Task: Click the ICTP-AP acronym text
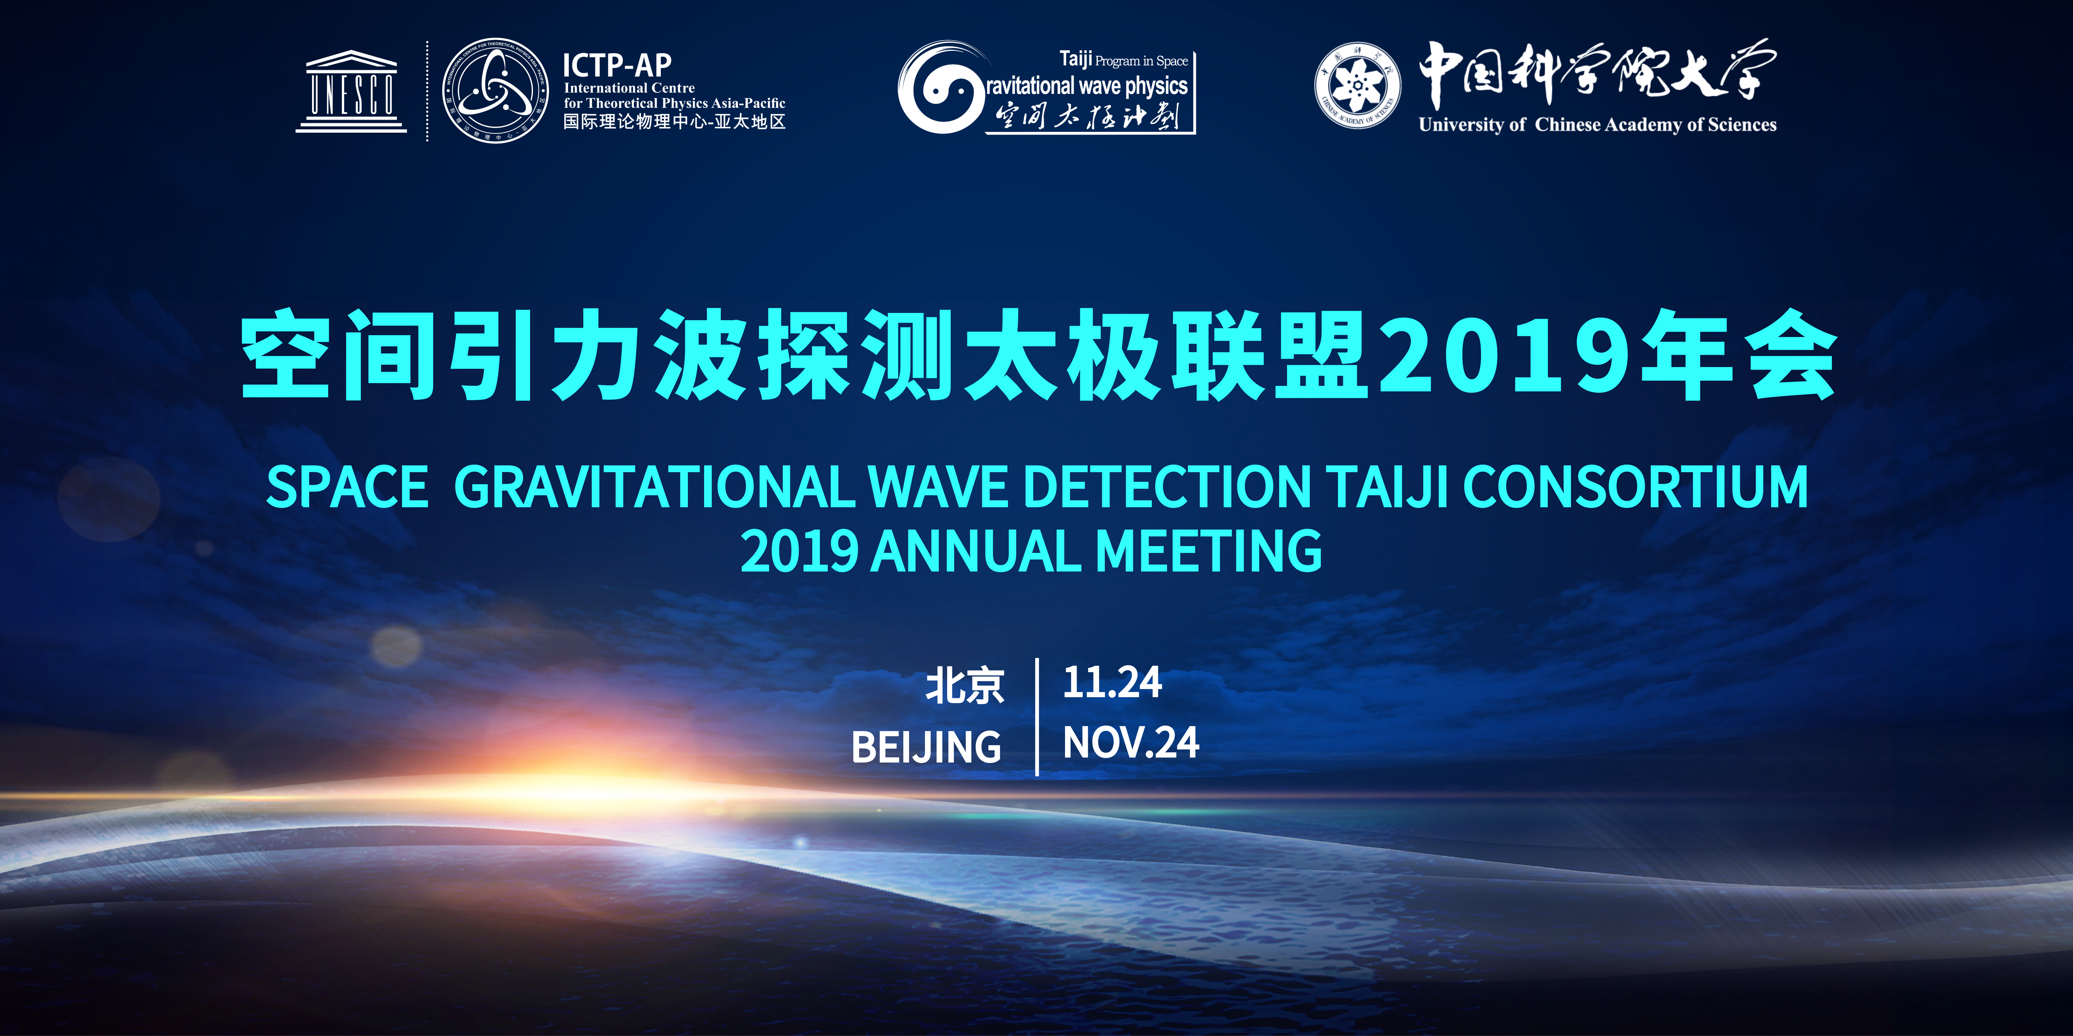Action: [x=616, y=64]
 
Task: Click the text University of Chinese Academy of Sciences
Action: [x=1597, y=125]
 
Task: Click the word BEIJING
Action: [x=926, y=747]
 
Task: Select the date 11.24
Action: [x=1112, y=682]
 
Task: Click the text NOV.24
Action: [x=1131, y=742]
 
